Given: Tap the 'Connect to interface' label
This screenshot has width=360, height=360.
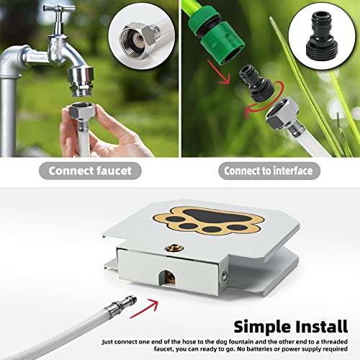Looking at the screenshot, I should [x=269, y=171].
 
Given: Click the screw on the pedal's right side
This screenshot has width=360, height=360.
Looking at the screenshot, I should [x=228, y=274].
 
